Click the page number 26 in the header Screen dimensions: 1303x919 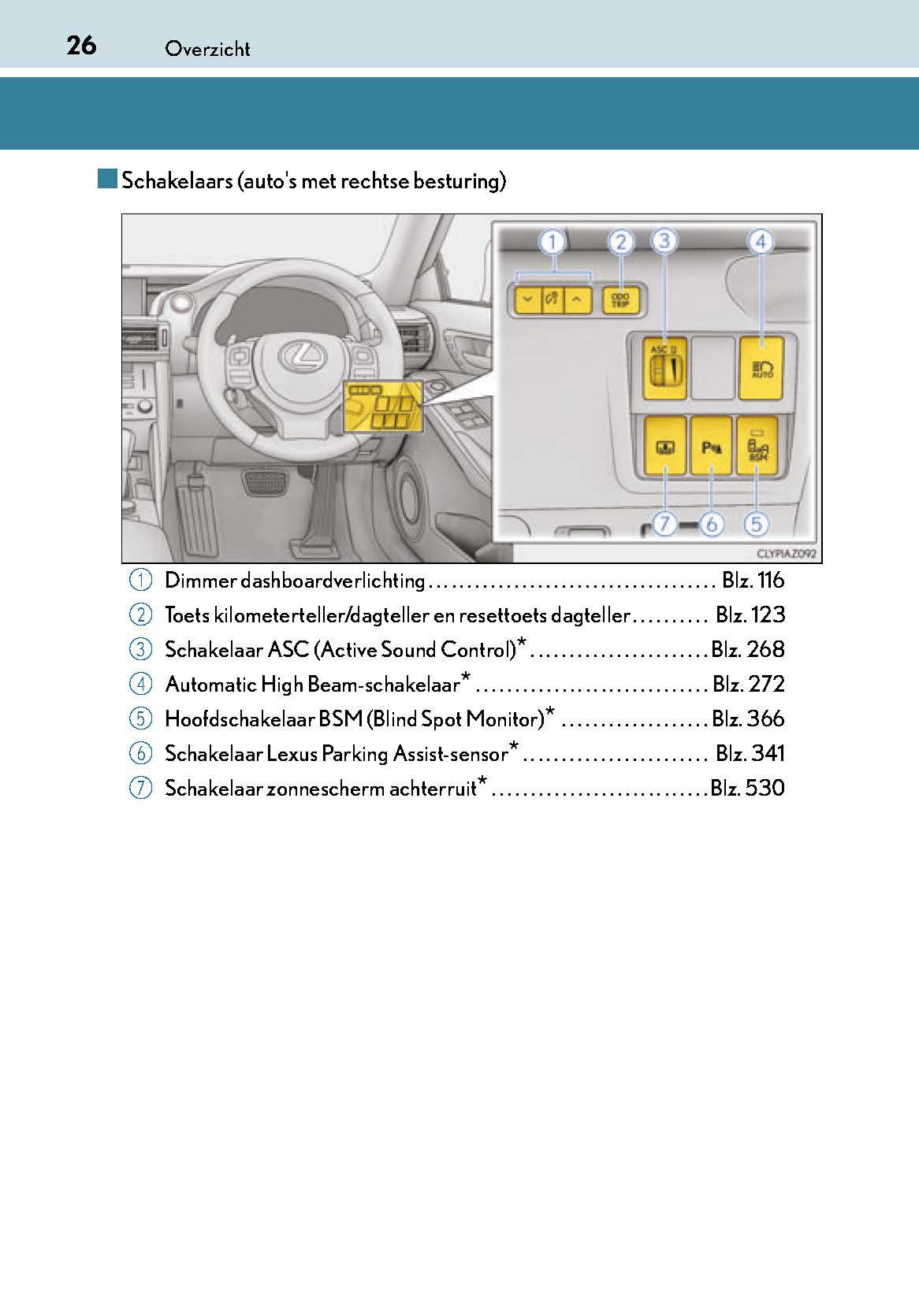pos(81,46)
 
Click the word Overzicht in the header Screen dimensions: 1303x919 pos(207,49)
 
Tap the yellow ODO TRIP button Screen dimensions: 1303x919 pos(621,300)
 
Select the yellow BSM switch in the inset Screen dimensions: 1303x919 pos(757,446)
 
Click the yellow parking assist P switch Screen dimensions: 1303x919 pos(711,446)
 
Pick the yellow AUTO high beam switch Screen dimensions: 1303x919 pos(761,367)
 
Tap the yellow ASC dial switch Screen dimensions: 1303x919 pos(664,367)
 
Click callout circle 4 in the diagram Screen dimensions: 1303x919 pos(760,242)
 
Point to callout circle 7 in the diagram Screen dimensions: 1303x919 pos(664,523)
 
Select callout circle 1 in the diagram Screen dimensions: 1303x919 pos(553,242)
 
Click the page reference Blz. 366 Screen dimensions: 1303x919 pos(748,718)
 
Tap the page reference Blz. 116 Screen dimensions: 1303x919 pos(753,581)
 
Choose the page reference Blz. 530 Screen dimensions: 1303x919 pos(747,788)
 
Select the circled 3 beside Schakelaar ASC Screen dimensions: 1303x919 pos(140,650)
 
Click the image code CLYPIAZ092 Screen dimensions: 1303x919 pos(785,554)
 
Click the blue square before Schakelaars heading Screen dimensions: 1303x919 pos(107,179)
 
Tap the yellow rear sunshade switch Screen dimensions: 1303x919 pos(664,446)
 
